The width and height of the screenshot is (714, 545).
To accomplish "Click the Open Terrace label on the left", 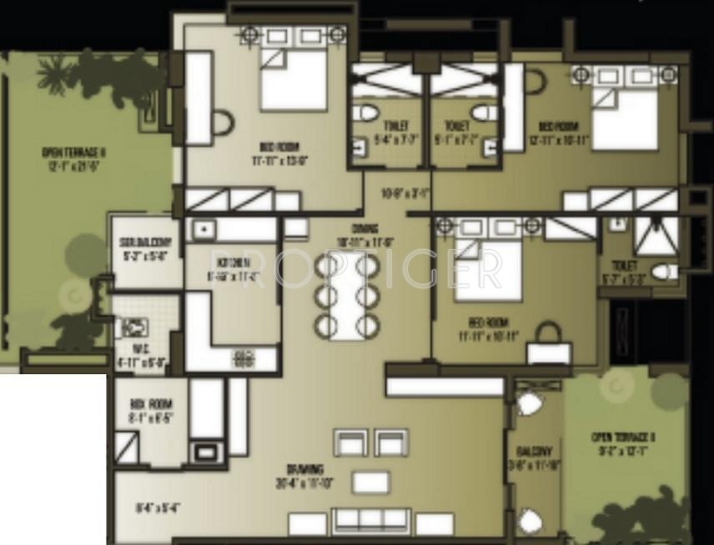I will coord(74,152).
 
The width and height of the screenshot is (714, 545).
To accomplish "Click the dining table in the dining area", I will coord(347,296).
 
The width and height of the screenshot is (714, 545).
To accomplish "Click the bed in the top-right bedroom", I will coord(625,117).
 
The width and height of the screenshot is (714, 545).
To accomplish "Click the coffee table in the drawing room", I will coord(370,482).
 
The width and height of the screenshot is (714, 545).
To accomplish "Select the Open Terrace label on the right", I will coord(622,437).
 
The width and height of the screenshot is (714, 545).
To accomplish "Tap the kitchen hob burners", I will coord(244,360).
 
